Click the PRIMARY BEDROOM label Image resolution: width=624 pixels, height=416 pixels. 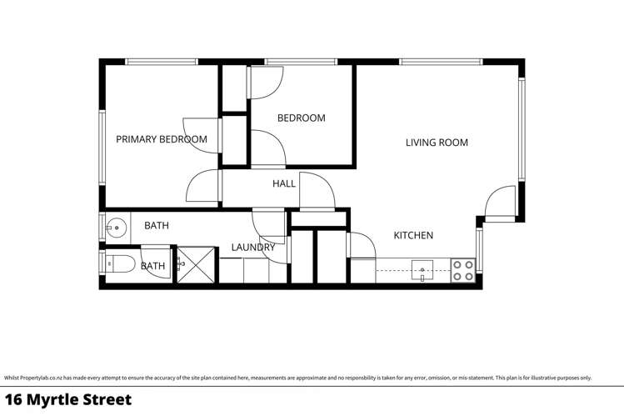click(x=161, y=139)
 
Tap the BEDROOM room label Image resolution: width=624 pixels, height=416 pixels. click(x=301, y=118)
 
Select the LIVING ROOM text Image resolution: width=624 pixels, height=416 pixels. click(x=437, y=143)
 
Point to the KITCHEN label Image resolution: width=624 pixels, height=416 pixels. click(x=413, y=236)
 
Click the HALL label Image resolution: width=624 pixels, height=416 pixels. click(x=284, y=183)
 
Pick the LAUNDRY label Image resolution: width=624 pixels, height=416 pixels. click(x=253, y=248)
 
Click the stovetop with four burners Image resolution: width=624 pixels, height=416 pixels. click(x=463, y=270)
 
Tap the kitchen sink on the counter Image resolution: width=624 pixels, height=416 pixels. click(x=423, y=270)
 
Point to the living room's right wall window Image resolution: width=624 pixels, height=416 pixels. click(x=522, y=129)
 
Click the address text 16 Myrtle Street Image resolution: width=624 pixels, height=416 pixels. click(x=68, y=400)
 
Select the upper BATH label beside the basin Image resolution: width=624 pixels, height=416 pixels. click(x=157, y=225)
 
